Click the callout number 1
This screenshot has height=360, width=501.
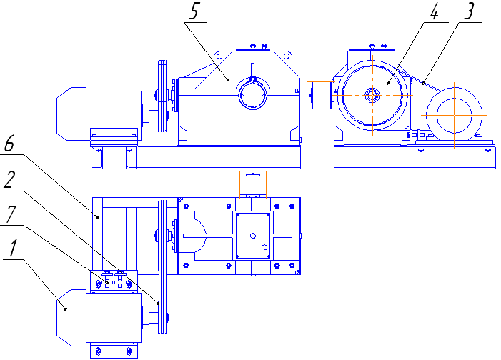(11, 249)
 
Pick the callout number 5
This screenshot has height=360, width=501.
(193, 11)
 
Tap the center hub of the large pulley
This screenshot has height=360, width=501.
(373, 94)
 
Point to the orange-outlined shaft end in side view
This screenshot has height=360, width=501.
(321, 95)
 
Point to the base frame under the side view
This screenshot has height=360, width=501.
(415, 158)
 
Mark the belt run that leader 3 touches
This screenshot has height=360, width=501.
(422, 83)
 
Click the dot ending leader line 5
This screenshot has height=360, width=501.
(229, 81)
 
